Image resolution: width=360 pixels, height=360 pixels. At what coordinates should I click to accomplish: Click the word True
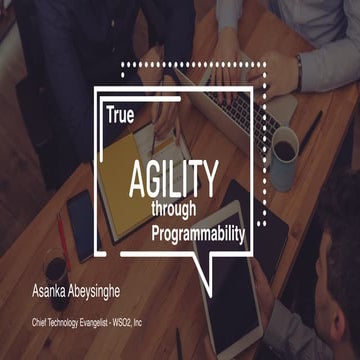point(119,116)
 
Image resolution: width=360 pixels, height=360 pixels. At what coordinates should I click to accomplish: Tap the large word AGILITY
point(172,179)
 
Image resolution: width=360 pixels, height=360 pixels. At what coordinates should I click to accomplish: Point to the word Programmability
point(198,233)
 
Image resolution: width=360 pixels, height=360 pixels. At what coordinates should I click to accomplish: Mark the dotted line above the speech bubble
point(200,64)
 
